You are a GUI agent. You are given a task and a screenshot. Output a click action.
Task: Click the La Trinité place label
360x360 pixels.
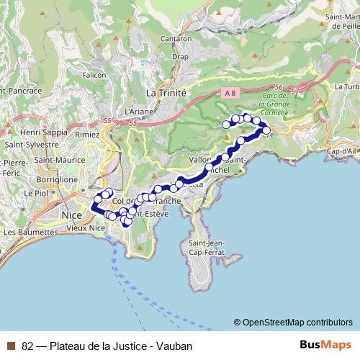coord(166,93)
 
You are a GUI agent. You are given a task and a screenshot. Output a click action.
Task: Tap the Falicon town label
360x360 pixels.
coord(95,74)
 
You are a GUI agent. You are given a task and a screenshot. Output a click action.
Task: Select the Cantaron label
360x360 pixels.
coord(176,38)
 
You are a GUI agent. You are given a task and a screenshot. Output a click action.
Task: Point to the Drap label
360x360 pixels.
coord(180,56)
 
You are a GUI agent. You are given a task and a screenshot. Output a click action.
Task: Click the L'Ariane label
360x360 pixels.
coord(135,112)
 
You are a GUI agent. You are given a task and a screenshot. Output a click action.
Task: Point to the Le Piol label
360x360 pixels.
coord(36,193)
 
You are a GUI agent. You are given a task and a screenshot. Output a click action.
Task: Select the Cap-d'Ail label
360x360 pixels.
coord(343,151)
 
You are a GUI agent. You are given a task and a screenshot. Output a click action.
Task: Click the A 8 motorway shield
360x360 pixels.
coord(229,93)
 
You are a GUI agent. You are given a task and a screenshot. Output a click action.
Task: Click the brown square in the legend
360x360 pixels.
coord(10,346)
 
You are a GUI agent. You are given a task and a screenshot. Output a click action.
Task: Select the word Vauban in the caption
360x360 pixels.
coord(176,346)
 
